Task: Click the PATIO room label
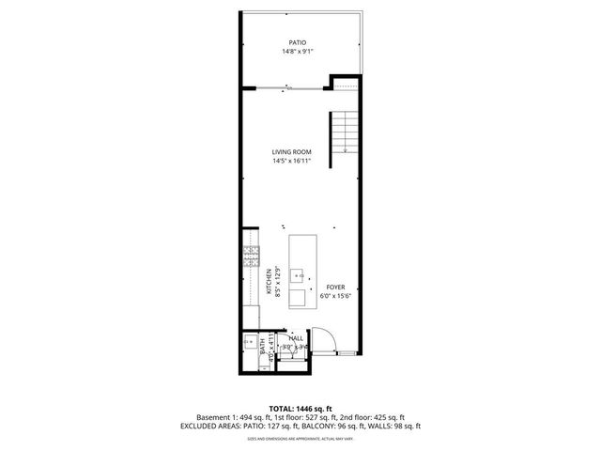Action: coord(298,43)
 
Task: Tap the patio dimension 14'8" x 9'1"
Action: coord(298,53)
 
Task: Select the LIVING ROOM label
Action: coord(291,151)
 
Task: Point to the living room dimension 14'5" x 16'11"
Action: coord(291,161)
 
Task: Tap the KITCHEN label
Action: coord(269,282)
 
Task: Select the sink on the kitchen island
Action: coord(299,276)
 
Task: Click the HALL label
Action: coord(296,337)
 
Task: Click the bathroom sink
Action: coord(250,340)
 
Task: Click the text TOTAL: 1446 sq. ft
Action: coord(300,408)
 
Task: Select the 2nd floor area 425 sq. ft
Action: coord(387,417)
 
